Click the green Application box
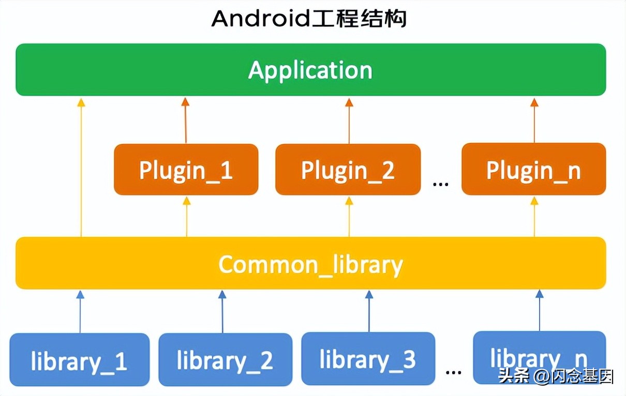pos(310,70)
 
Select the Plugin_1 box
pos(186,170)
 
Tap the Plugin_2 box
pos(348,170)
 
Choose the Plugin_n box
pos(533,169)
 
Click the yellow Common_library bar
pos(310,263)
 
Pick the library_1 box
pos(79,360)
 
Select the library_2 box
pos(225,360)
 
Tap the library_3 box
pos(368,358)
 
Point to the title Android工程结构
pos(309,19)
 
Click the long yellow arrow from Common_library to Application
pos(81,165)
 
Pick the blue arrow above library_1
pos(80,311)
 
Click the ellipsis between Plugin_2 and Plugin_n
pos(440,182)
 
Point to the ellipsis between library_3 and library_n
pos(453,371)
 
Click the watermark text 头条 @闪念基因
pos(556,376)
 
